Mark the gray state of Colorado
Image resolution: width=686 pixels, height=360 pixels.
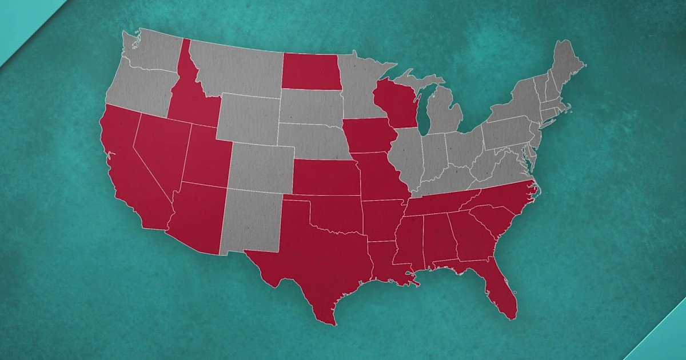point(260,166)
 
